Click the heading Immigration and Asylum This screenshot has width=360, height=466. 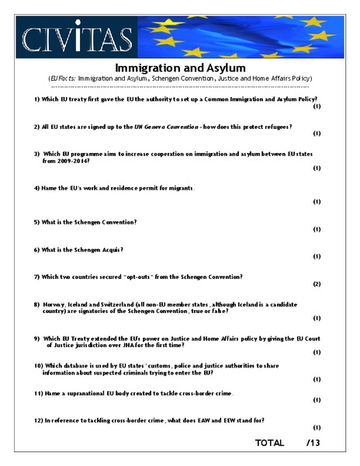pyautogui.click(x=180, y=68)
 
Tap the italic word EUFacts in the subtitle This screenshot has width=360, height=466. pyautogui.click(x=62, y=78)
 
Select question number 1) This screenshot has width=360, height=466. pyautogui.click(x=37, y=100)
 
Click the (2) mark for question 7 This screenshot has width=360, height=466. pyautogui.click(x=317, y=283)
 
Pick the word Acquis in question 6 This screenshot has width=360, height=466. pyautogui.click(x=110, y=249)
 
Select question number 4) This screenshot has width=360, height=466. pyautogui.click(x=37, y=188)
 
